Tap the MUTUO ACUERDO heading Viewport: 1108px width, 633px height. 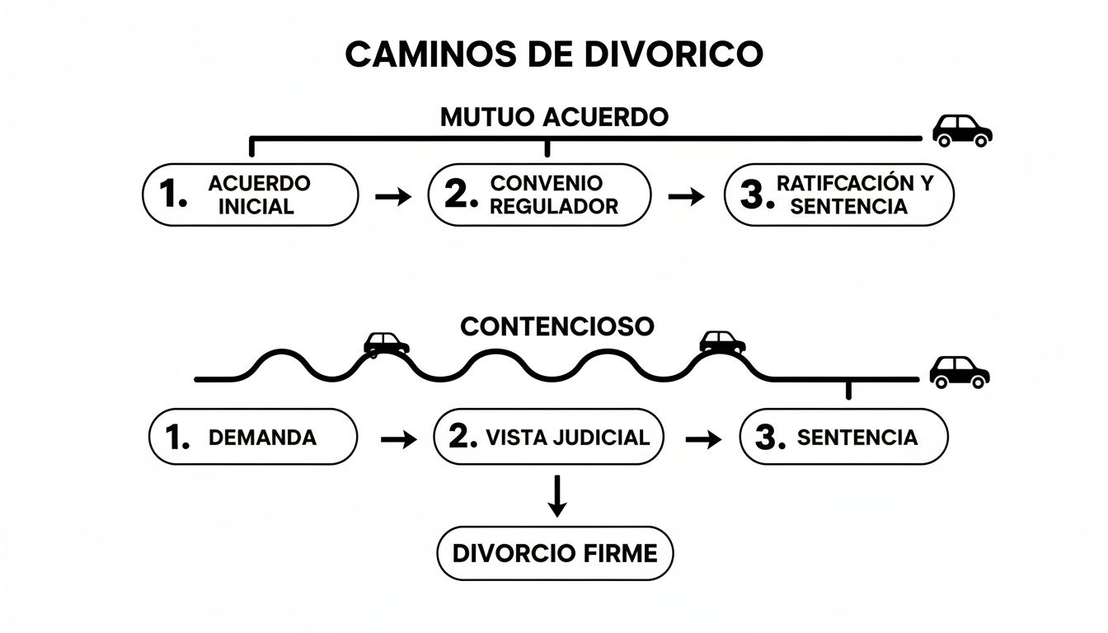pyautogui.click(x=554, y=117)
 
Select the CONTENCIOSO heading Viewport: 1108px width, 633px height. pyautogui.click(x=556, y=326)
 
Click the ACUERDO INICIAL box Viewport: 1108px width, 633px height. pyautogui.click(x=251, y=195)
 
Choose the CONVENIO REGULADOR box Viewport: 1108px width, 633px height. pyautogui.click(x=539, y=195)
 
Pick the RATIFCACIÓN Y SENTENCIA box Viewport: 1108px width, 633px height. pyautogui.click(x=838, y=195)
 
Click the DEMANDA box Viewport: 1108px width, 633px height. pyautogui.click(x=253, y=437)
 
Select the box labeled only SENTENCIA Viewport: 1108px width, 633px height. pyautogui.click(x=843, y=437)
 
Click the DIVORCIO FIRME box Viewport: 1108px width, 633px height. pyautogui.click(x=555, y=552)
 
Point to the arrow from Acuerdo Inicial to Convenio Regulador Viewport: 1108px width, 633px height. pyautogui.click(x=392, y=197)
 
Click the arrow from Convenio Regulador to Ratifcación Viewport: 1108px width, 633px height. pyautogui.click(x=686, y=197)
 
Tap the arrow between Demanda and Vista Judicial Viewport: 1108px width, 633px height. pyautogui.click(x=399, y=440)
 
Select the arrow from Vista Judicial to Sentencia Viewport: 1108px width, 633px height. pyautogui.click(x=702, y=440)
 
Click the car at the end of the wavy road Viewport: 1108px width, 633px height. pyautogui.click(x=960, y=372)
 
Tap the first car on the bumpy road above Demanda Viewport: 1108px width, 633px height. pyautogui.click(x=387, y=344)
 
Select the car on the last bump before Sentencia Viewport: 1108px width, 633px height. pyautogui.click(x=722, y=342)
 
